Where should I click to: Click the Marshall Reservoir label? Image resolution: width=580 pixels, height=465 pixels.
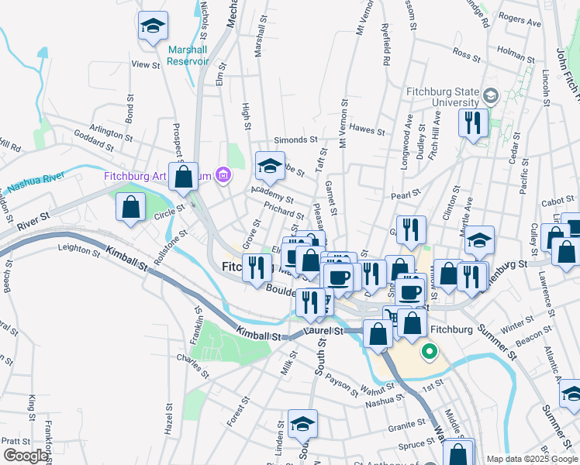click(x=188, y=55)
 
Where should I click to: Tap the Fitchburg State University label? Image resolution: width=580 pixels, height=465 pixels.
click(x=443, y=95)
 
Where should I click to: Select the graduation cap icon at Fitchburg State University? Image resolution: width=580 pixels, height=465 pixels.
click(x=490, y=96)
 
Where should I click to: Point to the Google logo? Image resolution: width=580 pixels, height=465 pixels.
click(x=26, y=456)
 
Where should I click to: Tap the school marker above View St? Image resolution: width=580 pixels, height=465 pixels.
click(x=153, y=26)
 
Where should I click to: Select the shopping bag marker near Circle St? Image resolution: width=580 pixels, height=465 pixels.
click(x=131, y=207)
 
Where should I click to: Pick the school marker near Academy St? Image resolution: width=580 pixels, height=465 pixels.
click(x=271, y=165)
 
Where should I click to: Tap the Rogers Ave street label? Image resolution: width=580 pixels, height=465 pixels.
click(x=520, y=19)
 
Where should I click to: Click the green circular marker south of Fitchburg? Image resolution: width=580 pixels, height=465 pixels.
click(x=429, y=353)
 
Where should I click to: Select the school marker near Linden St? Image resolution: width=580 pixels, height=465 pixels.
click(x=302, y=423)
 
